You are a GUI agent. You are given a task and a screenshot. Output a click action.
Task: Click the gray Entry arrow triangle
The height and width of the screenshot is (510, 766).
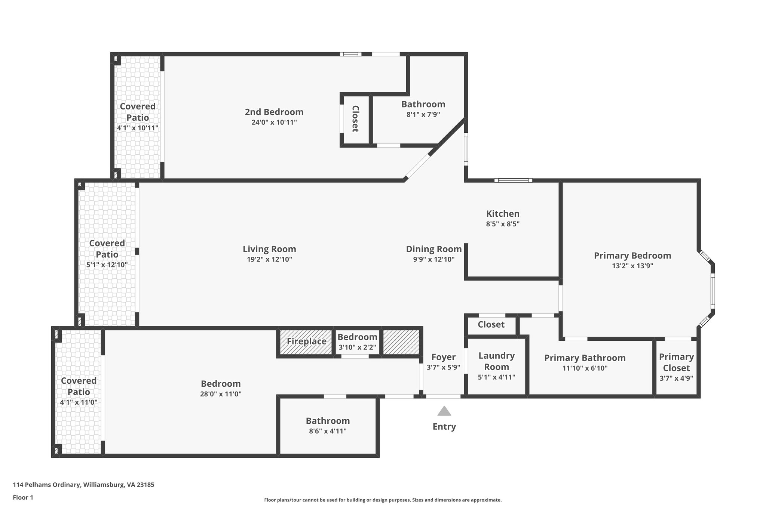(444, 411)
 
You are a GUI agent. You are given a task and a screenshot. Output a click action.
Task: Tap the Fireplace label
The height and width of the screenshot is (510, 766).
(307, 341)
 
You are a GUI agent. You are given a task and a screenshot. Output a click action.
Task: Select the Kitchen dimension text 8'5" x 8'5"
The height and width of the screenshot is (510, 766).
(503, 224)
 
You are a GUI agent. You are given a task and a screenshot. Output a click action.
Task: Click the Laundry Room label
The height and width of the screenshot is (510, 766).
(496, 361)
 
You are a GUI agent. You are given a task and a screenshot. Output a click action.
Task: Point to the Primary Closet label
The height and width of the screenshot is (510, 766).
(676, 362)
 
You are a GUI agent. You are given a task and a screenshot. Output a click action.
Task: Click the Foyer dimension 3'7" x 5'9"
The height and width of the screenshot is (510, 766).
(443, 368)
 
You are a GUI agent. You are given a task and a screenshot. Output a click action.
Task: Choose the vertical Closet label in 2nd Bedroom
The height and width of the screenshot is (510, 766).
(355, 119)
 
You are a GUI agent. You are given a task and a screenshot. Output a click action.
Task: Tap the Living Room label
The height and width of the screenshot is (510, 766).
(269, 249)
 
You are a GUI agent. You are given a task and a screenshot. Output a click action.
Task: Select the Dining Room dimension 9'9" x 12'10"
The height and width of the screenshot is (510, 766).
(433, 259)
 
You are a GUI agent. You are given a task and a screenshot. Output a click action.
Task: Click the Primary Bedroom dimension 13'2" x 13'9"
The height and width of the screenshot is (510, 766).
(632, 266)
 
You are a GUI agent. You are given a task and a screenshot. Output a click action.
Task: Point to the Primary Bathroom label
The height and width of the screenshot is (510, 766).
(585, 358)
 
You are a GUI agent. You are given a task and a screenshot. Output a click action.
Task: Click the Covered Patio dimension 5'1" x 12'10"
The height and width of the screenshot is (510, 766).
(107, 265)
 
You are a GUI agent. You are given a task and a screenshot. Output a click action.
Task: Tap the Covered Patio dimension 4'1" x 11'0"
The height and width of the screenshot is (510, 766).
(79, 402)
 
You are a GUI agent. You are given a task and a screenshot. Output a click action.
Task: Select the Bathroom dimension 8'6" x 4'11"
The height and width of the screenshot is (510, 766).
(328, 431)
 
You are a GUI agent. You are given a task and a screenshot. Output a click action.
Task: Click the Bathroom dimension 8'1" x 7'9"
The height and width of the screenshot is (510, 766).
(423, 115)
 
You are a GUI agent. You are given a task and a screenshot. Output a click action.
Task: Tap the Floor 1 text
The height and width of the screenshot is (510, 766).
(23, 498)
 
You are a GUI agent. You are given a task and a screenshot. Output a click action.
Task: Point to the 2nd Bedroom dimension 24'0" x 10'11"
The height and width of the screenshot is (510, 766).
(274, 122)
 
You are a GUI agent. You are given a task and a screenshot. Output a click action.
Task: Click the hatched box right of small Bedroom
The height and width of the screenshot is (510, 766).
(401, 342)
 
